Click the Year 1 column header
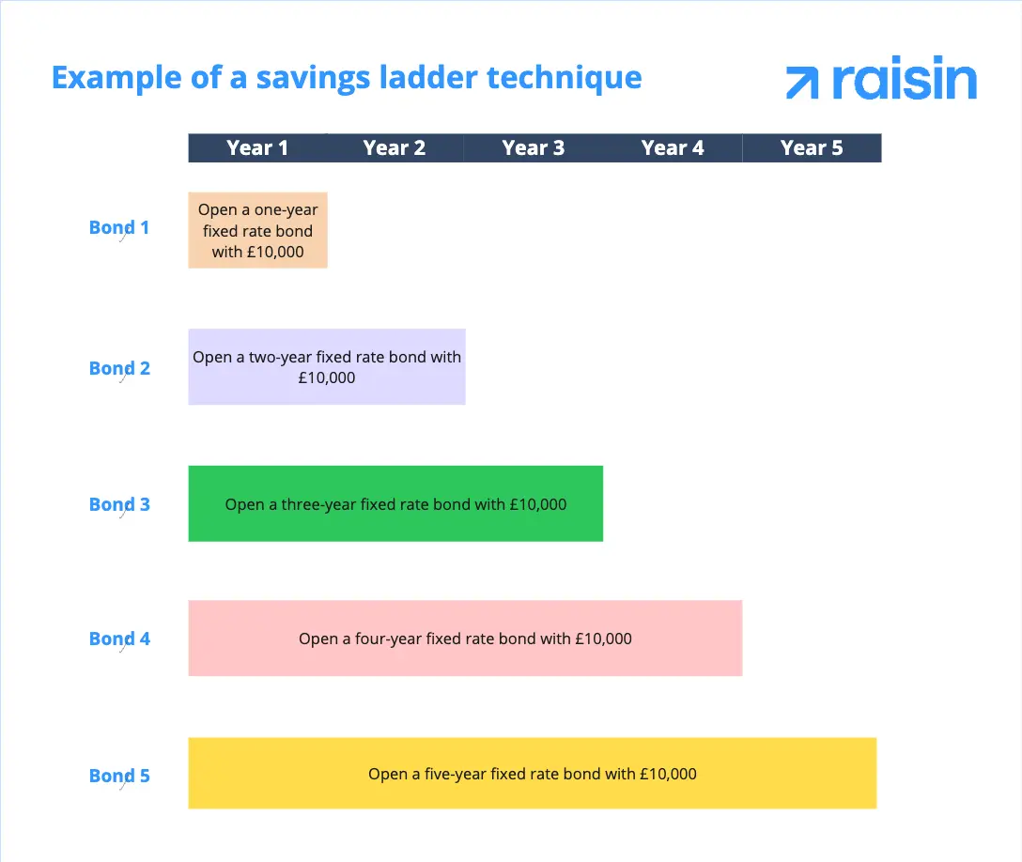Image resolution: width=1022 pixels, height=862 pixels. tap(257, 147)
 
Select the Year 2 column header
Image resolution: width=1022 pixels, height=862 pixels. tap(395, 147)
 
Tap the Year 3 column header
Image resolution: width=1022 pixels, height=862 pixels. tap(534, 147)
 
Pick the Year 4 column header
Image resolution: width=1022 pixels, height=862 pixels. tap(673, 147)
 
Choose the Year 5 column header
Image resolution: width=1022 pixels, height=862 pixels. tap(812, 147)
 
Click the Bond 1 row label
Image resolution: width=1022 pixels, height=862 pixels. tap(119, 227)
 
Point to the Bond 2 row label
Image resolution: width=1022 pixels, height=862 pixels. tap(119, 368)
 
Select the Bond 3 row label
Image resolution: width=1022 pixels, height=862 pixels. tap(119, 504)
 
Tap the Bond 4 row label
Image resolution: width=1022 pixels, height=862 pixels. tap(119, 639)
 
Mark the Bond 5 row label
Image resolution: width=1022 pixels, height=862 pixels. tap(119, 776)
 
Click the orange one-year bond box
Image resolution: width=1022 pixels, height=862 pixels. tap(257, 230)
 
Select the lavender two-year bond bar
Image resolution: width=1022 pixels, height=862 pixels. tap(327, 366)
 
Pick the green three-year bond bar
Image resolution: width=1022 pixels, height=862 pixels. tap(395, 503)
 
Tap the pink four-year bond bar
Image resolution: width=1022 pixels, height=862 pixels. tap(465, 639)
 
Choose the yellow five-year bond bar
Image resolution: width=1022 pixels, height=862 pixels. tap(532, 774)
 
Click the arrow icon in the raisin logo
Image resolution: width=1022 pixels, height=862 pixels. tap(802, 83)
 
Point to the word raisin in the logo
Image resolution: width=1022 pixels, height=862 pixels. tap(904, 81)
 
